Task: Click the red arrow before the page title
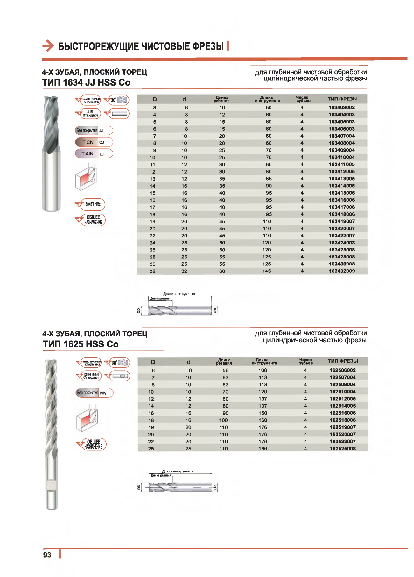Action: [x=48, y=46]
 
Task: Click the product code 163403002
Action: [x=341, y=108]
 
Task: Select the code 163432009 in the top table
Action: [x=341, y=271]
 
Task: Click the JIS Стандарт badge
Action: [x=90, y=113]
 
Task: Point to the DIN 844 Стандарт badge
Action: [x=91, y=376]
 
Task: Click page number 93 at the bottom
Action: [x=47, y=555]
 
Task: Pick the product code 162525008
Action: [x=342, y=449]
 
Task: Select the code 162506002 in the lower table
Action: [x=342, y=370]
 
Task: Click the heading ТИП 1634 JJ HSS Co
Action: [x=86, y=83]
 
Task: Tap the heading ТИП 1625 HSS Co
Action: [x=81, y=344]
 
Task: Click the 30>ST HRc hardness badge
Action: [x=93, y=204]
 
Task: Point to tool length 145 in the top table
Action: [x=267, y=271]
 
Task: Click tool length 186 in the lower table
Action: [x=263, y=449]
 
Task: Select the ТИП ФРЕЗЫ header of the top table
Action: [x=342, y=99]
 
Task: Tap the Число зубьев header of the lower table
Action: [x=305, y=361]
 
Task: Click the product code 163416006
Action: [x=341, y=200]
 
